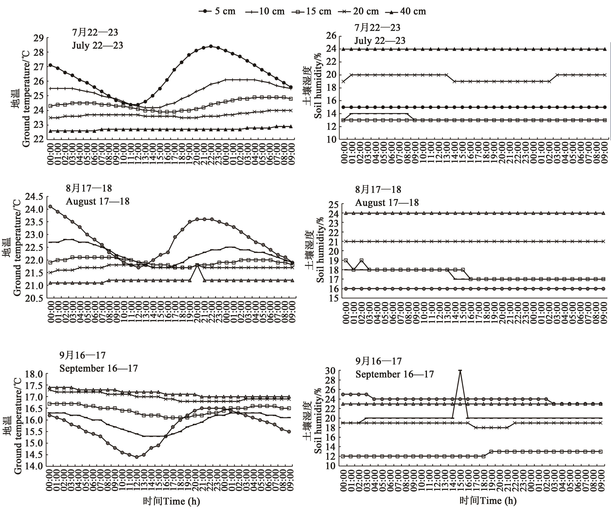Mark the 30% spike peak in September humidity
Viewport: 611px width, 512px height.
(460, 370)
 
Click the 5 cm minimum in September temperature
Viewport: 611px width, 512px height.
(136, 457)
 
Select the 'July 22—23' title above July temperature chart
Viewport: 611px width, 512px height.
(97, 45)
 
